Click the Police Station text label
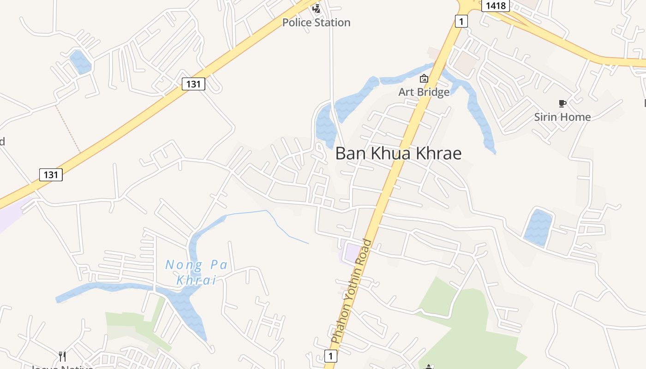tap(316, 22)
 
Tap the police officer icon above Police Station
tap(316, 8)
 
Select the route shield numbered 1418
tap(495, 6)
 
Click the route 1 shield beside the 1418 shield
tap(461, 21)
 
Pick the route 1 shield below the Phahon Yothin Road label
tap(330, 356)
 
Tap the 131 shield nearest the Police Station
tap(193, 84)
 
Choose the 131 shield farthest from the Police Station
tap(51, 174)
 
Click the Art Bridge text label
tap(424, 92)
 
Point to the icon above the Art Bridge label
tap(424, 79)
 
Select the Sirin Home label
tap(562, 117)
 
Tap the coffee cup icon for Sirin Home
tap(562, 103)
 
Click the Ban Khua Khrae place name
tap(398, 153)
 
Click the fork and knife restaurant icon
tap(63, 356)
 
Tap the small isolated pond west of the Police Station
tap(80, 62)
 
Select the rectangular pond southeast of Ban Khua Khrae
tap(538, 227)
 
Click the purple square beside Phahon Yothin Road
tap(353, 253)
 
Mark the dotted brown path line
tap(68, 129)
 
